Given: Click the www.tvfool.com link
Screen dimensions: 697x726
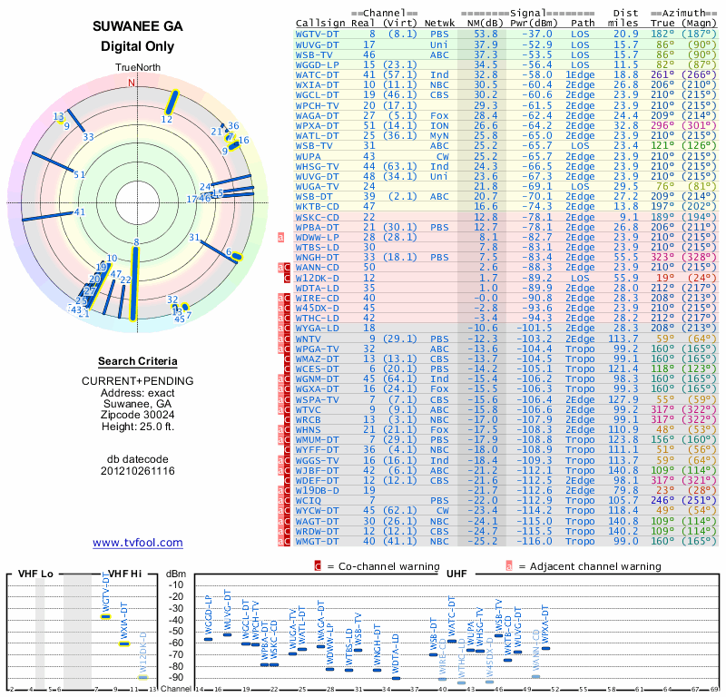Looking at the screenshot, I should pos(137,543).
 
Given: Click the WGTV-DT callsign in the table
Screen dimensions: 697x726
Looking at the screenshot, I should pos(317,34).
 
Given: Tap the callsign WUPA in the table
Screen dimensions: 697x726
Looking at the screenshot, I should pos(309,155).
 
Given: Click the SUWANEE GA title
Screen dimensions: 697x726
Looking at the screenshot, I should pos(137,26).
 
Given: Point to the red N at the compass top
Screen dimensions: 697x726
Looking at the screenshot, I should pos(133,83).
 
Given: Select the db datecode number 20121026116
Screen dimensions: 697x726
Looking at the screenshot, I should pos(137,471).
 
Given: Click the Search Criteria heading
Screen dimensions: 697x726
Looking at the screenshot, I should pos(137,360).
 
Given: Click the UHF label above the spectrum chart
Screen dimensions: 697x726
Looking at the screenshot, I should pos(458,574).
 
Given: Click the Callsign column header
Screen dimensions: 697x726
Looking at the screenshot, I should pos(321,24).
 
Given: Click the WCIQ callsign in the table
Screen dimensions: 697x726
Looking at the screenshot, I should pos(309,500).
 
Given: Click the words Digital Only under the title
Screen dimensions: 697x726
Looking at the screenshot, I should pos(137,46).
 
